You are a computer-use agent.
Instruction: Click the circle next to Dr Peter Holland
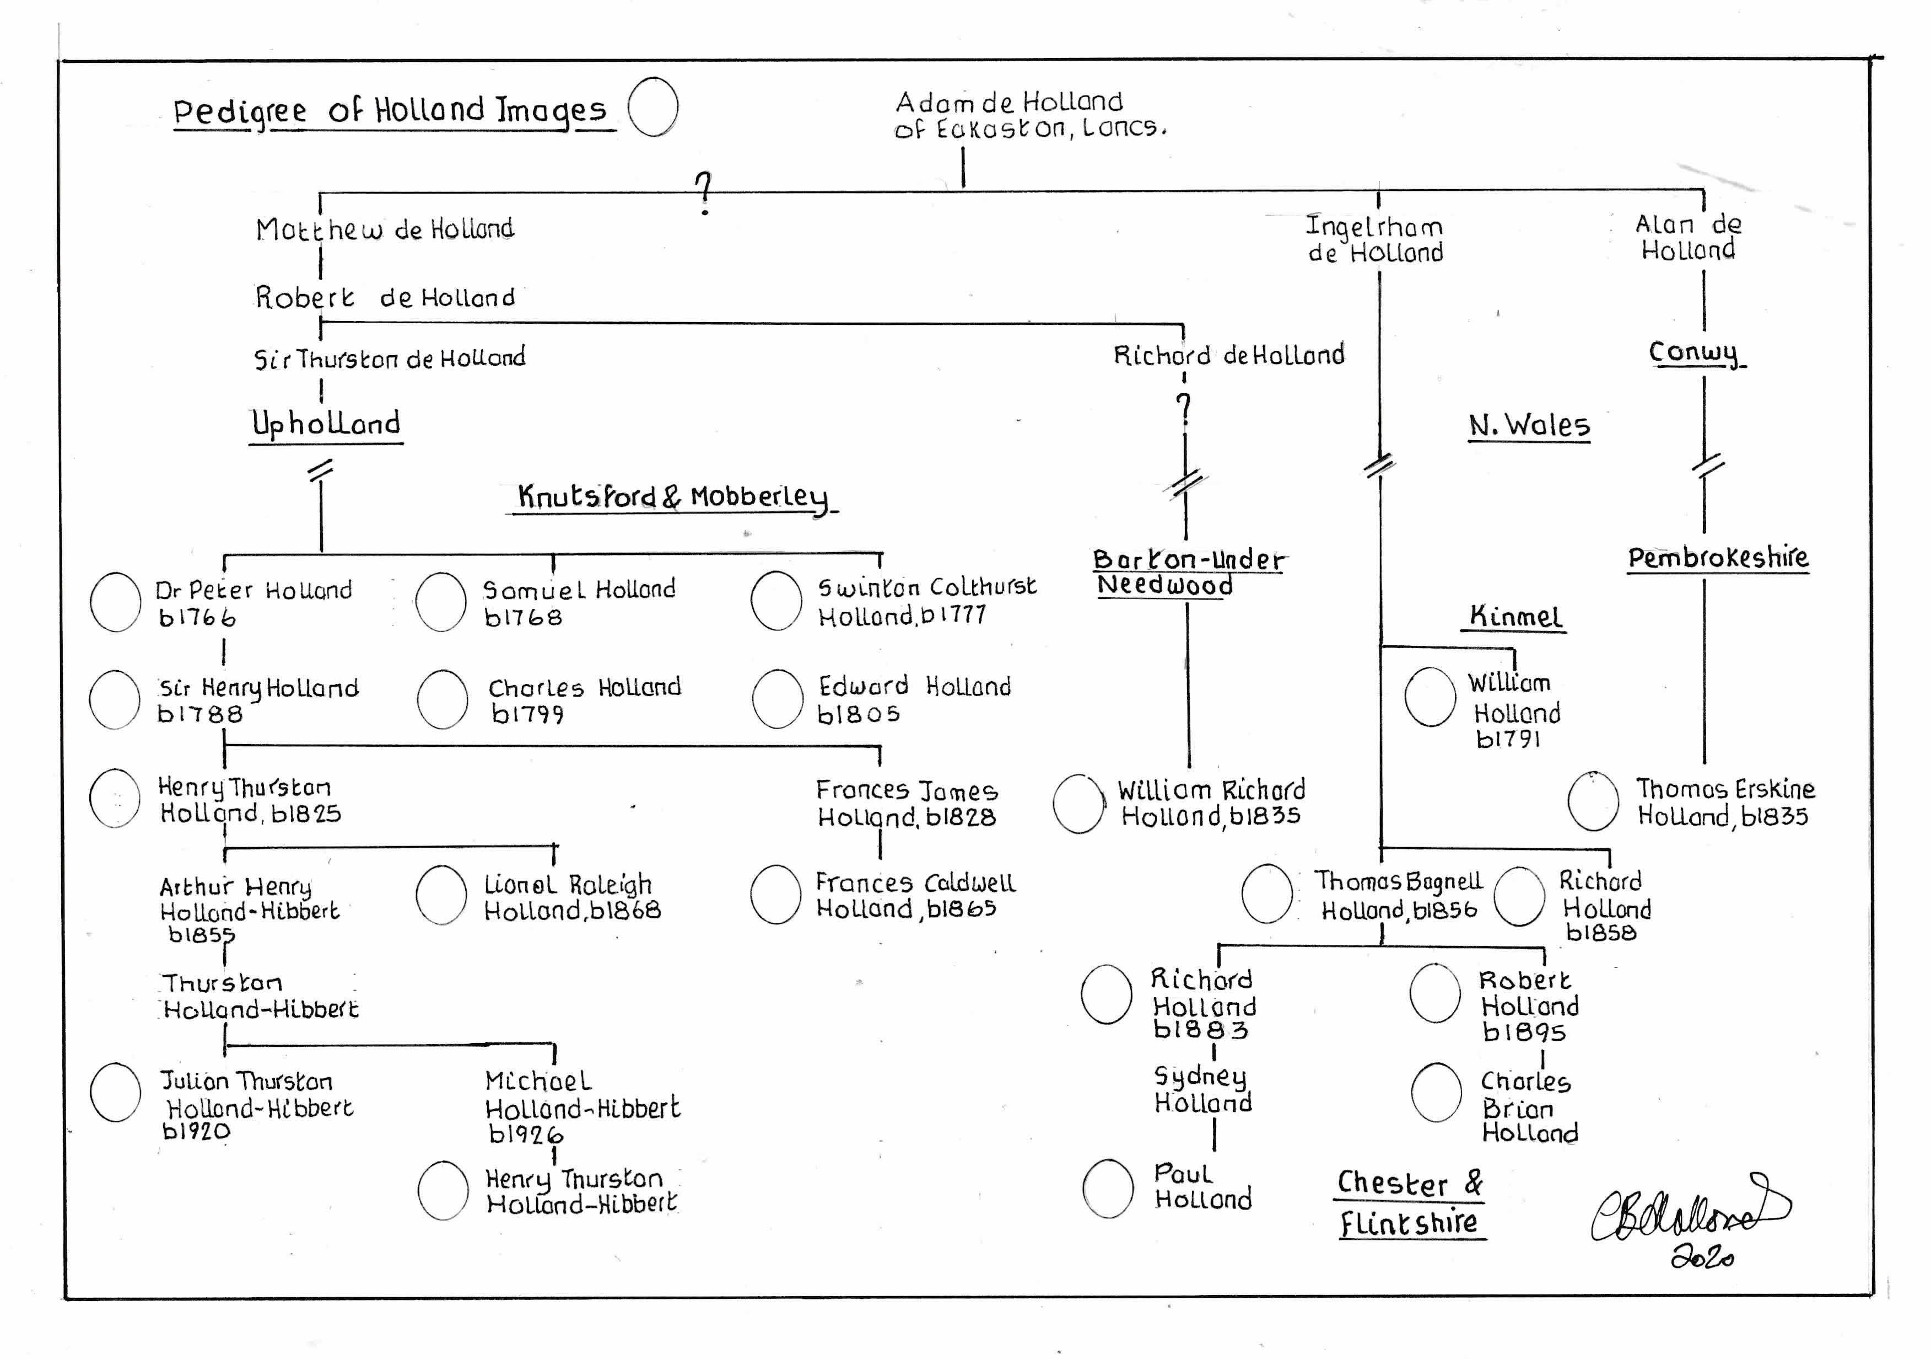(x=115, y=602)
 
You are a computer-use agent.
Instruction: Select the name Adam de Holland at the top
(x=1008, y=103)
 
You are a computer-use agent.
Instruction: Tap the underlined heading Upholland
(x=326, y=423)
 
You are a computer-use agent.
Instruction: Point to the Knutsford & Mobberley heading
(x=673, y=496)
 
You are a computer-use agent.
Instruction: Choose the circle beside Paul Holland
(x=1108, y=1188)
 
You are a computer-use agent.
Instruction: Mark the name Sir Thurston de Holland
(x=390, y=359)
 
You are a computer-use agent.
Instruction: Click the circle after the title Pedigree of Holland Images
(x=654, y=107)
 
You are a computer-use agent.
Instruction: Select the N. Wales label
(x=1529, y=425)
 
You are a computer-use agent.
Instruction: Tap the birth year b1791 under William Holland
(x=1508, y=740)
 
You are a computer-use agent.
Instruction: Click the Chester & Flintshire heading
(x=1410, y=1203)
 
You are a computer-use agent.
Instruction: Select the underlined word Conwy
(x=1693, y=352)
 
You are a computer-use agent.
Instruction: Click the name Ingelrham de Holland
(x=1375, y=239)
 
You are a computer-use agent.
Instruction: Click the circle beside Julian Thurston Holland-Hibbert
(x=115, y=1092)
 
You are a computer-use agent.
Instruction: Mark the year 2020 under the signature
(x=1701, y=1257)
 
